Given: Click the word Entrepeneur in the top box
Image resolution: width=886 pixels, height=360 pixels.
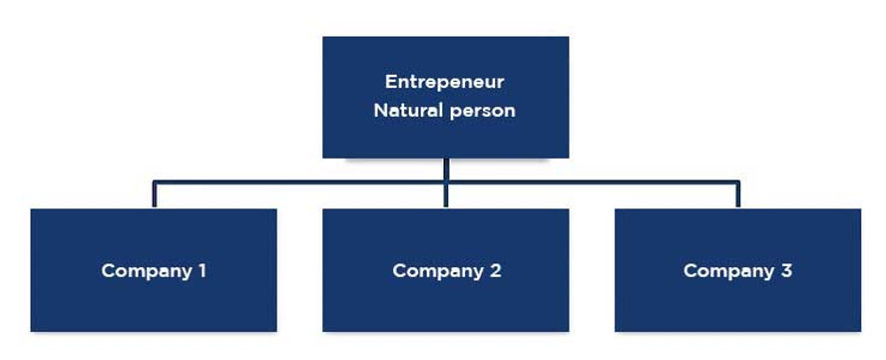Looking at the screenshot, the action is pyautogui.click(x=445, y=82).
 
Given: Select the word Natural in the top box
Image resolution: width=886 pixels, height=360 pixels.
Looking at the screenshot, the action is pyautogui.click(x=408, y=111).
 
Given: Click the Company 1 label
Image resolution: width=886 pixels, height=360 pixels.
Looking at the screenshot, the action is pyautogui.click(x=154, y=270).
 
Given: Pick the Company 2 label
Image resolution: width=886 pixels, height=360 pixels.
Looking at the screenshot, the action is pyautogui.click(x=446, y=270).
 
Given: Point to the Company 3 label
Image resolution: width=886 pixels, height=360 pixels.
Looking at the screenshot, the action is pyautogui.click(x=737, y=270).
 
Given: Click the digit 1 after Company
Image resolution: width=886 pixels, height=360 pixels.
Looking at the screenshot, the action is pyautogui.click(x=202, y=270).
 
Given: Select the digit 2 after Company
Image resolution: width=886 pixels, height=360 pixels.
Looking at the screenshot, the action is pyautogui.click(x=495, y=270).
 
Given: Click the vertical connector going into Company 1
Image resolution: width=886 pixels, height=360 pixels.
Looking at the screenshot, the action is pyautogui.click(x=154, y=195).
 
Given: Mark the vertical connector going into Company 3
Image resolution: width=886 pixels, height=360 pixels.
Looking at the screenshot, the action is pyautogui.click(x=737, y=195).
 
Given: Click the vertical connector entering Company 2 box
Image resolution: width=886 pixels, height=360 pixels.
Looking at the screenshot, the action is pyautogui.click(x=446, y=196).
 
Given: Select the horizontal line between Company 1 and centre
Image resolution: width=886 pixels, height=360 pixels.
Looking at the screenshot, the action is pyautogui.click(x=299, y=181).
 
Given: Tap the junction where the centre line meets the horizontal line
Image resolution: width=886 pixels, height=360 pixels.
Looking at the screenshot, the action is pyautogui.click(x=446, y=181).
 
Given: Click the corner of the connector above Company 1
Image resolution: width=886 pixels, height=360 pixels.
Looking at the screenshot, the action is pyautogui.click(x=154, y=181).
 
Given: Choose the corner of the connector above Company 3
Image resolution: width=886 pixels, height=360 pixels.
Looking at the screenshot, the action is pyautogui.click(x=737, y=181).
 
